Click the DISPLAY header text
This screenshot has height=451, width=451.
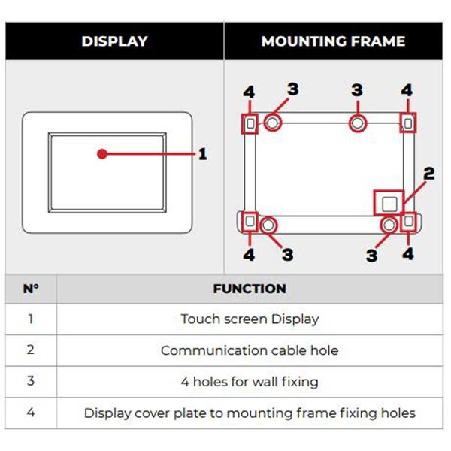[x=114, y=41]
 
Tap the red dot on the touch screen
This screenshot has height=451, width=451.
[x=101, y=154]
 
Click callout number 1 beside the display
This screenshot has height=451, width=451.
[x=202, y=154]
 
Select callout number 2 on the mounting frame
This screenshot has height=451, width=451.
[x=428, y=174]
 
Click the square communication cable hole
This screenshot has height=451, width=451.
[x=388, y=203]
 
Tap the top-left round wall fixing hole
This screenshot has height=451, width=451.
[x=272, y=122]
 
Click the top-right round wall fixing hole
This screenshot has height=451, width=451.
[x=359, y=122]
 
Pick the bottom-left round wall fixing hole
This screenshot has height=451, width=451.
[x=268, y=223]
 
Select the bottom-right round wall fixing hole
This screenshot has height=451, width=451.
[x=389, y=224]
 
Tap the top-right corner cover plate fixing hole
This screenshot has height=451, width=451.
[x=408, y=122]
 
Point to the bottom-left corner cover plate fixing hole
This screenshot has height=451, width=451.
[x=250, y=222]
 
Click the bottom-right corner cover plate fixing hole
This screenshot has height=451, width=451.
[x=408, y=222]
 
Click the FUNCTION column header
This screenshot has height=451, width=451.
[x=250, y=289]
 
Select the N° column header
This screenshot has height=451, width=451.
[x=31, y=289]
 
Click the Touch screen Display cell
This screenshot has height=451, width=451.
[x=250, y=319]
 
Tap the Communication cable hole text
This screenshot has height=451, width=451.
[x=250, y=350]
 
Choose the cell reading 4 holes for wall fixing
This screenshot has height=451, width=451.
[x=250, y=382]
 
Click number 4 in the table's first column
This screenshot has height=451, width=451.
[x=31, y=413]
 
